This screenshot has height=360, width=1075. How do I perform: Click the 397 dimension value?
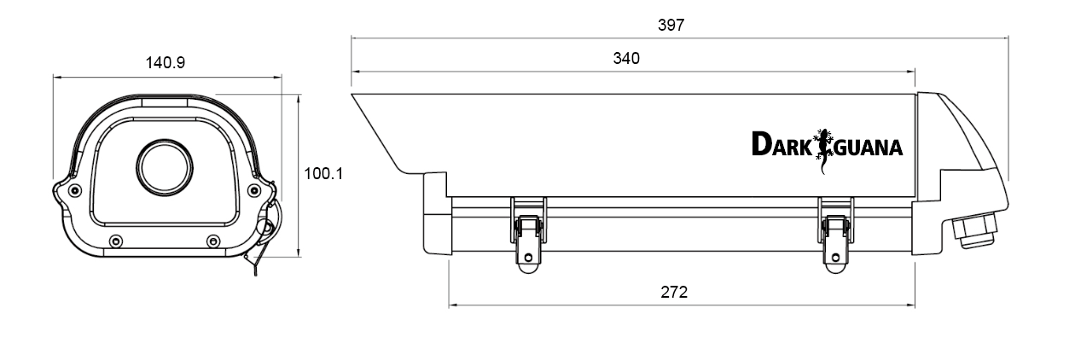click(x=671, y=25)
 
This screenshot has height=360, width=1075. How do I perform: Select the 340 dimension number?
click(x=626, y=59)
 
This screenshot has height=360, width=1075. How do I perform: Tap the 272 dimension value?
click(x=674, y=292)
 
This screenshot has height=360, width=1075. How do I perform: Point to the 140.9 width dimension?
click(x=166, y=62)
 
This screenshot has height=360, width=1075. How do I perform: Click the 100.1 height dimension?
click(x=323, y=173)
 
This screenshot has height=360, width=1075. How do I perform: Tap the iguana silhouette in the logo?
click(x=823, y=151)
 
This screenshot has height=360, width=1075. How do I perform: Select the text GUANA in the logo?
click(x=869, y=148)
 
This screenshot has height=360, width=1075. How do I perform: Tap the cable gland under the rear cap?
click(x=974, y=231)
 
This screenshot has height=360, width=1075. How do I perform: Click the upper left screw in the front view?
click(x=74, y=190)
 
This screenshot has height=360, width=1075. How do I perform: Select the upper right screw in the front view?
click(x=254, y=190)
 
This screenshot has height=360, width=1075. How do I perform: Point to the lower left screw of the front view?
click(x=116, y=241)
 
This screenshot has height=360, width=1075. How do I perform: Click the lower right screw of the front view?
click(x=213, y=241)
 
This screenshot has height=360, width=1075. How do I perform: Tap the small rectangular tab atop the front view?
click(x=165, y=102)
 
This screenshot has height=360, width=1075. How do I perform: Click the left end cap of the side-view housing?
click(x=437, y=213)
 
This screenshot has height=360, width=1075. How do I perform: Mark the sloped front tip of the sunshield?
click(x=352, y=95)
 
